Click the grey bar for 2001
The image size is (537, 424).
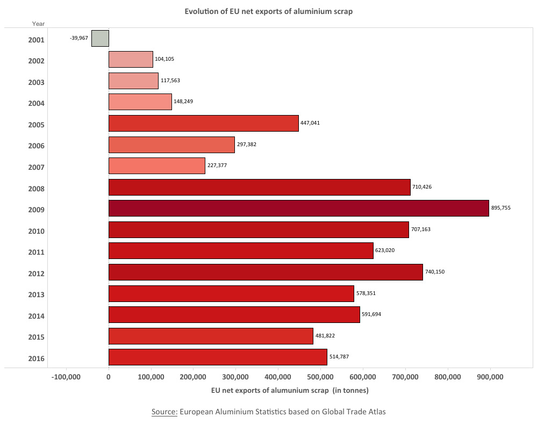100,39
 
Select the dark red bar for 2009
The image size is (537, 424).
298,209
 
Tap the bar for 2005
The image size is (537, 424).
203,123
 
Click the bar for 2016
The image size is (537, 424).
218,357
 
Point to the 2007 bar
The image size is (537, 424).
156,166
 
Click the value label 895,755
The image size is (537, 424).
501,208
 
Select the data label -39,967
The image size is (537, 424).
79,39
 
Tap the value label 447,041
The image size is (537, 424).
310,123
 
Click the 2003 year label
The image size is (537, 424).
37,82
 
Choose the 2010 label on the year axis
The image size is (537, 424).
37,231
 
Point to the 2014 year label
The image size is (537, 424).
37,316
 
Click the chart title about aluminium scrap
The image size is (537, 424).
268,11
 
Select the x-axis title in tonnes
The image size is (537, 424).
290,390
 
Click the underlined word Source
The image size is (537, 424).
164,412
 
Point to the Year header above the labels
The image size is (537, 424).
38,24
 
